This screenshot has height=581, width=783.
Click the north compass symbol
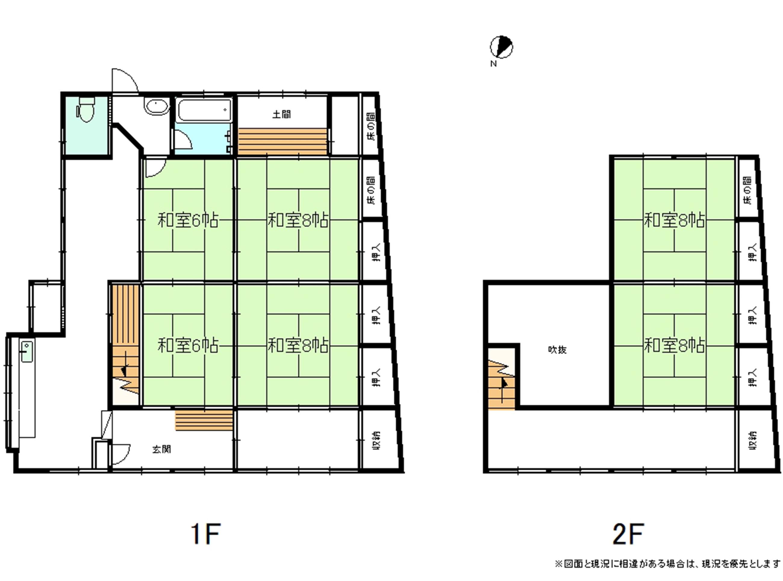click(501, 47)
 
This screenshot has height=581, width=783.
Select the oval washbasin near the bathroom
click(157, 107)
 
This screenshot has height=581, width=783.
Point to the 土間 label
click(281, 114)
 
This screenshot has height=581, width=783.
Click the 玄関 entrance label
click(161, 449)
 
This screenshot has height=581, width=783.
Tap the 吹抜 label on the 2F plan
click(557, 350)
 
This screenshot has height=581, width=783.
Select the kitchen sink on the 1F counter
click(27, 351)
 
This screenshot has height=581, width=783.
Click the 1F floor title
click(206, 534)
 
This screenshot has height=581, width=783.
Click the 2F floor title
click(628, 534)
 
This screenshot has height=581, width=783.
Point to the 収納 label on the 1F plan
click(376, 440)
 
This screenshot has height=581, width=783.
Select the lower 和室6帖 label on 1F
click(188, 345)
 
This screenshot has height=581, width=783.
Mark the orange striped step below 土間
click(282, 142)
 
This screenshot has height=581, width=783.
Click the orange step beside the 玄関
click(204, 420)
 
